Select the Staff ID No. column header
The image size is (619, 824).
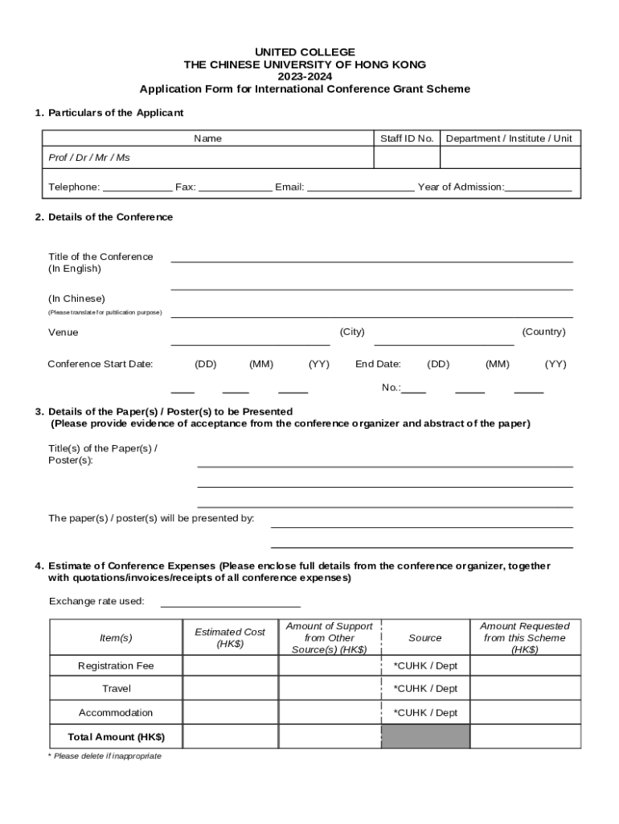[407, 138]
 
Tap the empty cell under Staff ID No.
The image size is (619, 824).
[407, 158]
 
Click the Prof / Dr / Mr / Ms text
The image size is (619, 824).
[89, 158]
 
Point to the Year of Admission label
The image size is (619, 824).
[461, 187]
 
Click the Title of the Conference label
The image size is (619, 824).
[100, 257]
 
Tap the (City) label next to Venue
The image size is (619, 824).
[352, 332]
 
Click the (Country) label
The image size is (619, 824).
[543, 332]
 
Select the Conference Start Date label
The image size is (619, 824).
[100, 364]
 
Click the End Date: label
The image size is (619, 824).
[378, 364]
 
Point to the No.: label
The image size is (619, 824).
[391, 388]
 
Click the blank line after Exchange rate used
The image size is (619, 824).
[231, 605]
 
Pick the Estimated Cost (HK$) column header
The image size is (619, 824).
[230, 638]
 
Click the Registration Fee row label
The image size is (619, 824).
[116, 665]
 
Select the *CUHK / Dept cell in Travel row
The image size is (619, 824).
[425, 689]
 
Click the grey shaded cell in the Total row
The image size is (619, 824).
[425, 736]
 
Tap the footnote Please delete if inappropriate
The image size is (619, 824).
[105, 756]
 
